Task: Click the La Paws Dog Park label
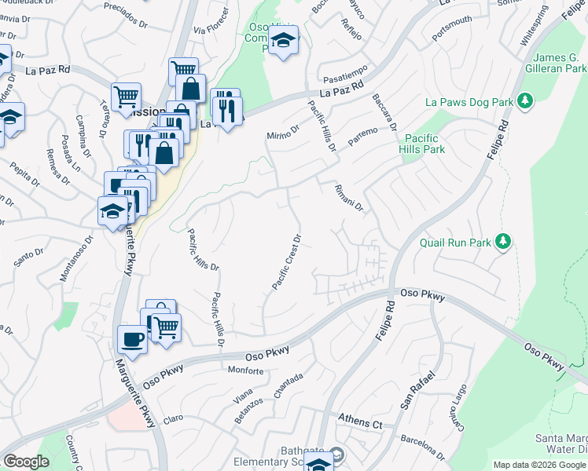pyautogui.click(x=469, y=102)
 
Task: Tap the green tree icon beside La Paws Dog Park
pyautogui.click(x=526, y=101)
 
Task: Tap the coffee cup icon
pyautogui.click(x=132, y=340)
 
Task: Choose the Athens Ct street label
pyautogui.click(x=359, y=422)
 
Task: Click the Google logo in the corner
pyautogui.click(x=26, y=462)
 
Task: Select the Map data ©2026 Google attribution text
pyautogui.click(x=539, y=465)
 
